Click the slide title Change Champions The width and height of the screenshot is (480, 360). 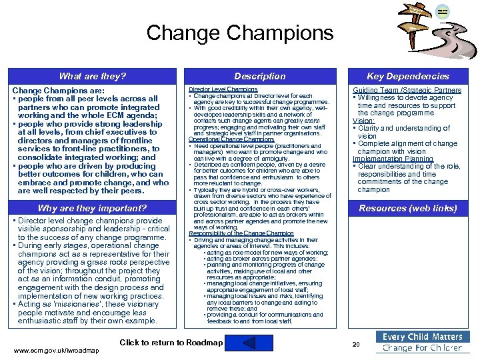point(239,33)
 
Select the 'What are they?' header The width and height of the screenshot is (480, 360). point(92,77)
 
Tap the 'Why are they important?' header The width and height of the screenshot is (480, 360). point(92,208)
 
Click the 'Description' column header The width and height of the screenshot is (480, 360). point(260,77)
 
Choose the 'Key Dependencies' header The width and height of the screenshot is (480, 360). point(408,77)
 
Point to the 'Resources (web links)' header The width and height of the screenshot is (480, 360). point(408,208)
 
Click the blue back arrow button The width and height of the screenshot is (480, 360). point(239,343)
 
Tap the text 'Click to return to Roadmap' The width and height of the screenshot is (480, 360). point(171,343)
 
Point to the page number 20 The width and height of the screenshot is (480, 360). point(355,344)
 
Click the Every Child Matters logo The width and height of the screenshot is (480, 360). point(423,342)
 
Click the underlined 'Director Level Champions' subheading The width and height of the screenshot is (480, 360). point(223,89)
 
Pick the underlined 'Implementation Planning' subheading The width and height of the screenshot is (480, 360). point(393,159)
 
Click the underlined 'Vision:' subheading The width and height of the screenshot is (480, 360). point(363,121)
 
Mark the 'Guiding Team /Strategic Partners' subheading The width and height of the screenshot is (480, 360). point(407,90)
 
